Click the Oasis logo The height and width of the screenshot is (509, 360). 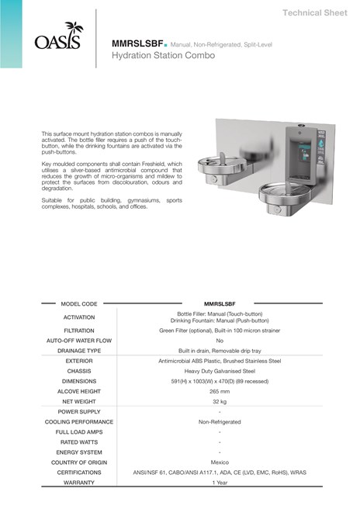coord(57,36)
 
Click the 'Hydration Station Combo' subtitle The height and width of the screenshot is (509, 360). coord(161,57)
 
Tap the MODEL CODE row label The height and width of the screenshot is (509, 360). coord(79,303)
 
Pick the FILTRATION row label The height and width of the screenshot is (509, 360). coord(79,330)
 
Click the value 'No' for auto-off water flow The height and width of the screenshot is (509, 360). coord(220,341)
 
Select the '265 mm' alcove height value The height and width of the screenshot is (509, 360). coord(220,391)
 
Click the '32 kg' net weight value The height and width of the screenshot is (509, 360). coord(220,401)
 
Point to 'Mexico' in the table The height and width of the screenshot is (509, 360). coord(220,462)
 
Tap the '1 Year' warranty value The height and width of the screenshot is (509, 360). coord(220,482)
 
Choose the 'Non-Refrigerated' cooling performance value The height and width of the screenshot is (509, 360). coord(220,421)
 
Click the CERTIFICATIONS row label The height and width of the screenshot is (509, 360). coord(79,472)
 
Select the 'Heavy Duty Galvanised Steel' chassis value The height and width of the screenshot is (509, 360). coord(220,371)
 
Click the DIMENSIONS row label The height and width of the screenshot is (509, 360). coord(79,381)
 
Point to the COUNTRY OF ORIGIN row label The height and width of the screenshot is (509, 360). coord(79,462)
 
